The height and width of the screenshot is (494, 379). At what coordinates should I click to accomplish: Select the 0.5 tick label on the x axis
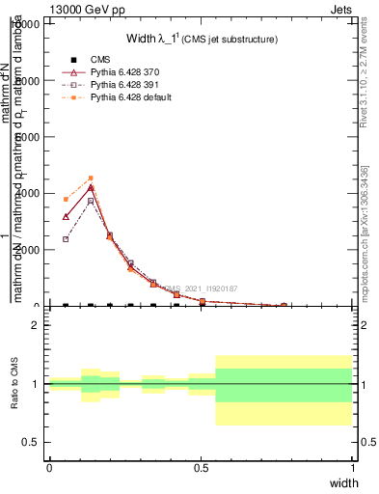[201, 467]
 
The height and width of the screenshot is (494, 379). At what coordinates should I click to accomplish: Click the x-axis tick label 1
[352, 467]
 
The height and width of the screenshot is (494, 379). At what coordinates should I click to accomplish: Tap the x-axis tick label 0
[49, 467]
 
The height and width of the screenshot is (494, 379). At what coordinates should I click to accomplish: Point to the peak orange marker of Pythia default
[91, 178]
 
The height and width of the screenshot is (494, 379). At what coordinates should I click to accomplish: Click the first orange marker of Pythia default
[66, 199]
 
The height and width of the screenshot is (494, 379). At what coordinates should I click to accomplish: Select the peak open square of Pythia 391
[91, 201]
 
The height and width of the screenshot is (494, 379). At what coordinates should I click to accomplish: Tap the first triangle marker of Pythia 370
[66, 217]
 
